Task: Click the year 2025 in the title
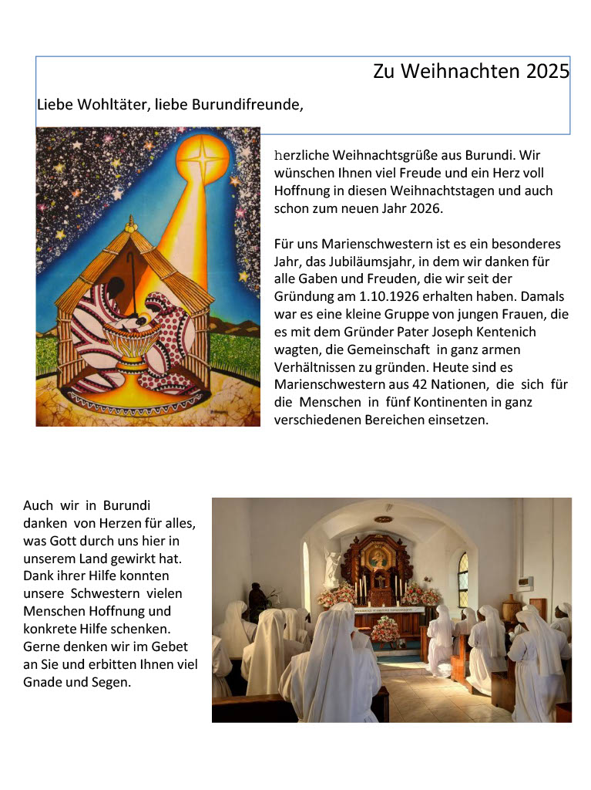coord(548,72)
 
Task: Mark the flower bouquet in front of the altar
coord(385,630)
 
